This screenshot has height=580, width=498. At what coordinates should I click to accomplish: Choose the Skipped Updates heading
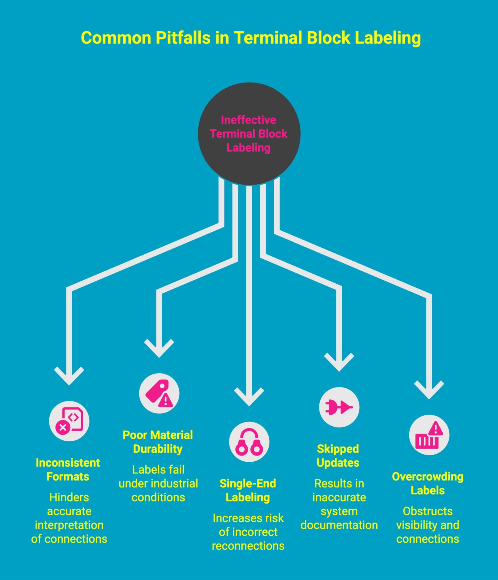click(338, 456)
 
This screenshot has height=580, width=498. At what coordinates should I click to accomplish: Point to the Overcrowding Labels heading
click(427, 483)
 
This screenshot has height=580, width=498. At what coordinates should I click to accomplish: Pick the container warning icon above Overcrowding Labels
click(429, 435)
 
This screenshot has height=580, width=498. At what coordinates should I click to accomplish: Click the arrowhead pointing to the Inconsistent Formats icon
click(69, 376)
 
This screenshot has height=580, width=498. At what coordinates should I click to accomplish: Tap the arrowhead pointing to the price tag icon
click(159, 349)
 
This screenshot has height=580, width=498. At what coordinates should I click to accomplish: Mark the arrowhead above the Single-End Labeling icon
click(249, 397)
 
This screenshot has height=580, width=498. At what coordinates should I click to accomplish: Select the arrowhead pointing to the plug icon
click(339, 363)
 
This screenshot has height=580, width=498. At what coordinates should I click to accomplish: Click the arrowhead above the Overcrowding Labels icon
click(429, 390)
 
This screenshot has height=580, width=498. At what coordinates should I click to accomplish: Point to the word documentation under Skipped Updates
click(339, 525)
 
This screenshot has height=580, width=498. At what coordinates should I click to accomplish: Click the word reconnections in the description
click(248, 546)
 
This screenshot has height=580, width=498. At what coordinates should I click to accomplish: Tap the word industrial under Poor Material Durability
click(174, 484)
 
